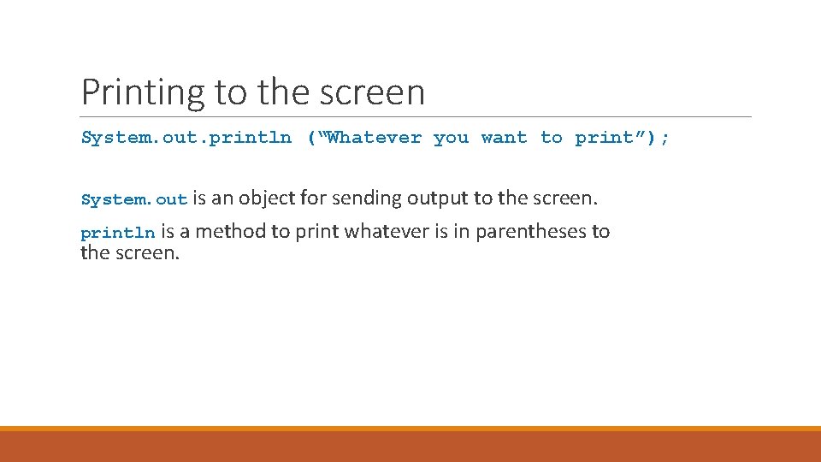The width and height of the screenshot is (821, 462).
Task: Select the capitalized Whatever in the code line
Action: click(x=375, y=138)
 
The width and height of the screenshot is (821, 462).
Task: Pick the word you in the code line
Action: click(x=451, y=138)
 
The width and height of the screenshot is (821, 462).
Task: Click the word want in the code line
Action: click(x=504, y=138)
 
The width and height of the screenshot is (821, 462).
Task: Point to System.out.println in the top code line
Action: click(x=186, y=138)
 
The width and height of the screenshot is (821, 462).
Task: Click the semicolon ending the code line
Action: click(x=665, y=138)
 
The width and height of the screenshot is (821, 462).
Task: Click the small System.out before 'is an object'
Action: click(x=133, y=200)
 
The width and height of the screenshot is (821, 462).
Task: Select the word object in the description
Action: click(x=267, y=198)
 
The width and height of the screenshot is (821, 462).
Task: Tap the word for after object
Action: click(x=314, y=198)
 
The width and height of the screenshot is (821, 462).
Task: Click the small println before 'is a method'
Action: click(x=118, y=233)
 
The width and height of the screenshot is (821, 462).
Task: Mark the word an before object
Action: click(x=221, y=198)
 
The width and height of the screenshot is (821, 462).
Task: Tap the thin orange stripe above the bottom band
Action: click(x=410, y=429)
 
